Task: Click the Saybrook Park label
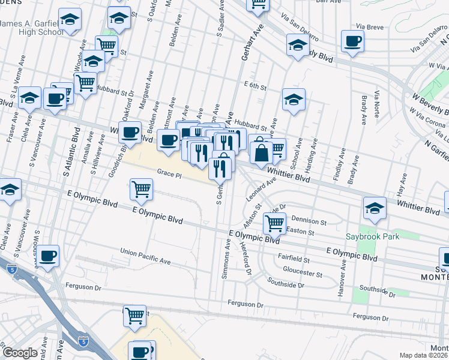click(x=372, y=236)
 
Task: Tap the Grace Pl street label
click(x=169, y=173)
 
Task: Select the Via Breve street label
click(x=369, y=26)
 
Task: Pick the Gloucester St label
click(x=303, y=272)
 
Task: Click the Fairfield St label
click(x=294, y=260)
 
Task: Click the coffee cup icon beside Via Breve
click(x=352, y=41)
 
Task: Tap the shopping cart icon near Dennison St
click(x=275, y=223)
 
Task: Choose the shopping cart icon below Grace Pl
click(x=141, y=190)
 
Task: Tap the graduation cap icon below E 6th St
click(x=294, y=100)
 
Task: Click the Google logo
click(x=20, y=353)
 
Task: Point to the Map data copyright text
click(x=424, y=355)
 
